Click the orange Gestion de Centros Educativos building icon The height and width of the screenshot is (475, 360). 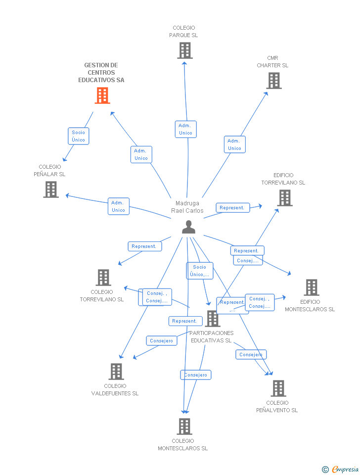pos(102,95)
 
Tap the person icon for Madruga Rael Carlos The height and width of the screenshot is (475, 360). pos(188,227)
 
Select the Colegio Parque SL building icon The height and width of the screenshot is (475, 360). pos(184,50)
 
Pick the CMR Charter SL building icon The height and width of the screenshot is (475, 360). pos(273,81)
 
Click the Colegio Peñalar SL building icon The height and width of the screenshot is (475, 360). pos(51,190)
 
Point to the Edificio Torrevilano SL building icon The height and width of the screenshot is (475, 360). pos(284,198)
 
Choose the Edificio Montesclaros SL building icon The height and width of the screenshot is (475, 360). pos(311,287)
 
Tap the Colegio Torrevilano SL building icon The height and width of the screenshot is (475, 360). pos(103,278)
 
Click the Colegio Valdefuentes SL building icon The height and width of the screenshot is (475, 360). pos(116,372)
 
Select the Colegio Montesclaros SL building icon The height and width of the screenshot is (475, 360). pos(184,427)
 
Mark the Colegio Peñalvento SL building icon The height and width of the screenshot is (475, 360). pos(278,388)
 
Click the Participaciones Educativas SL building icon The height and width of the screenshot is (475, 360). pos(213,319)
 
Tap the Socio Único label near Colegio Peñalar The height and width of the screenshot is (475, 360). pos(79,136)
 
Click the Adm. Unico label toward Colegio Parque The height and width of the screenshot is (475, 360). pos(185,129)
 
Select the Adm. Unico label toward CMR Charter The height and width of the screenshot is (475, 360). pos(234,144)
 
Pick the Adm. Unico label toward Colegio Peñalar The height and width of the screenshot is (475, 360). pos(118,206)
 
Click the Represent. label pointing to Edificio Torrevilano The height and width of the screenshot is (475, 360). pos(232,208)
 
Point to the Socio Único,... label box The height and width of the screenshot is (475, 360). pos(200,271)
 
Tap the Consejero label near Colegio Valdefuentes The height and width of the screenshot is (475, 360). pos(162,341)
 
